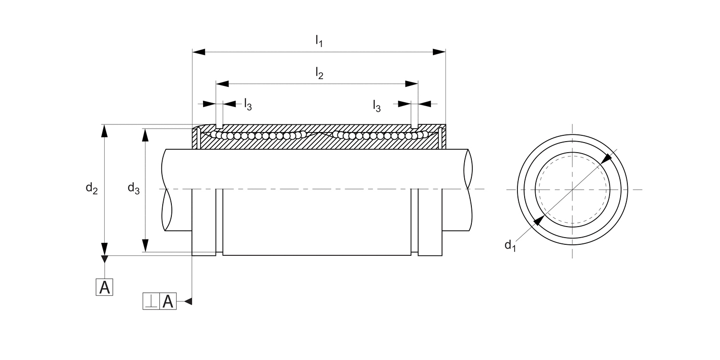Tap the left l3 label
[x=248, y=104]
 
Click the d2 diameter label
[x=92, y=189]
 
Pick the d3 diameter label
[x=133, y=188]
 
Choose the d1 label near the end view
[x=510, y=246]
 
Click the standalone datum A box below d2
[x=105, y=287]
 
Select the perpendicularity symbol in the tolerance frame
[x=151, y=301]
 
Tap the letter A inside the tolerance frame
[x=168, y=301]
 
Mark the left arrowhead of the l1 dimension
[x=199, y=52]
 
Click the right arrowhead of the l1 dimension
[x=439, y=52]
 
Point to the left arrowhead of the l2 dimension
[x=222, y=84]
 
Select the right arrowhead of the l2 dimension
[x=411, y=84]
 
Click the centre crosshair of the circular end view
[x=572, y=189]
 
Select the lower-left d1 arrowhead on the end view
[x=538, y=221]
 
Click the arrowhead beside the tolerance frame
[x=188, y=301]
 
